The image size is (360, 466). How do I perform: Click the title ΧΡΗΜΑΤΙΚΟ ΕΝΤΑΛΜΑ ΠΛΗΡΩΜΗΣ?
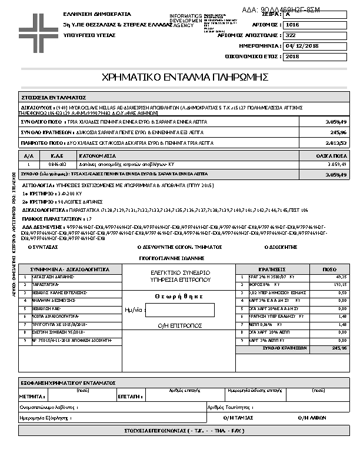tap(185, 77)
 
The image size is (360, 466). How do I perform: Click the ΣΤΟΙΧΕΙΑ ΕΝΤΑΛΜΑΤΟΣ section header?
tap(54, 97)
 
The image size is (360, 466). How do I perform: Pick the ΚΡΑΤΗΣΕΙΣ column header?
tap(272, 269)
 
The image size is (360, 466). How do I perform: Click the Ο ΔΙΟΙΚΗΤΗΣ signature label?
tap(281, 248)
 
